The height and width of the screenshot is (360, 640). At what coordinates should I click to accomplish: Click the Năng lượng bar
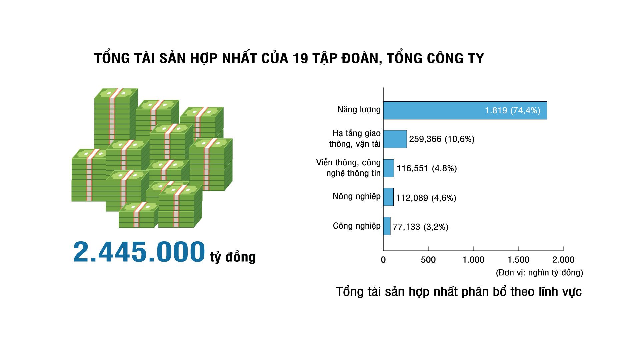point(465,110)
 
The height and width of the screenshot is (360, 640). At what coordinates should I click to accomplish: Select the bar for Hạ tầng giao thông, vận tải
point(395,139)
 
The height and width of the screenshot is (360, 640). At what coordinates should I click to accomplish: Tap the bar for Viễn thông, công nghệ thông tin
point(389,168)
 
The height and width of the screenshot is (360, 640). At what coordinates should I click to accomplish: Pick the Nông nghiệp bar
point(388,197)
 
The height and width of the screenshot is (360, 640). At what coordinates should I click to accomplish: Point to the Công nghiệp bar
point(387,226)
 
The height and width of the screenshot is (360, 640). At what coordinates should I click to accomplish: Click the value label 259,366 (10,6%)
point(442,139)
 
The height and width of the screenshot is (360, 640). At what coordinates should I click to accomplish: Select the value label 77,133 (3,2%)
point(421,227)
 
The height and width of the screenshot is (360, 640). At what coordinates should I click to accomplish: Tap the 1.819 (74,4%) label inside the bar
point(512,110)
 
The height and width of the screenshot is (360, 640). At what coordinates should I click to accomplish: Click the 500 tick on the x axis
point(428,260)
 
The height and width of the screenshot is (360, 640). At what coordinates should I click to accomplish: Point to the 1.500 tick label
point(518,260)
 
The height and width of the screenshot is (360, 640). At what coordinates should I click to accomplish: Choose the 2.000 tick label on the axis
point(564,260)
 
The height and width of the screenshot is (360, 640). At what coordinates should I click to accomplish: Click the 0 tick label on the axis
point(383,260)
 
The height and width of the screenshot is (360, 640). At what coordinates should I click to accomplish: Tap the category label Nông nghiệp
point(357,197)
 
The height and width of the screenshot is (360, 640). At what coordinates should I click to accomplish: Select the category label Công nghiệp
point(357,226)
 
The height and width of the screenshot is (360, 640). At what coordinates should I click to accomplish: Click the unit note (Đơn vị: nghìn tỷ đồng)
point(540,273)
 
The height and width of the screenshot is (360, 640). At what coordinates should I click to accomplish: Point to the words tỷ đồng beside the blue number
point(233,257)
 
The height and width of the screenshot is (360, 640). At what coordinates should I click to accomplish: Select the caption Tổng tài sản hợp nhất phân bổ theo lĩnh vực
point(459,292)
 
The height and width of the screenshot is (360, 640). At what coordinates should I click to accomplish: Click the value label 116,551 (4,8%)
point(427,168)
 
